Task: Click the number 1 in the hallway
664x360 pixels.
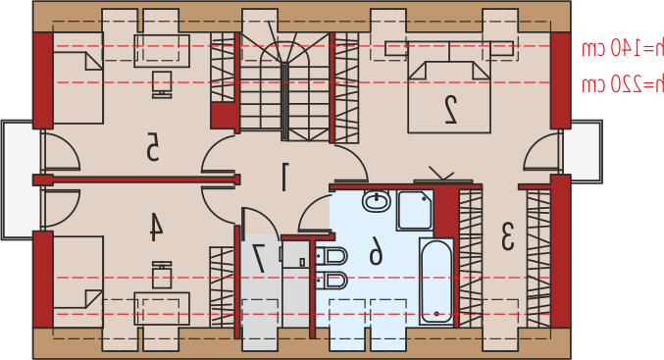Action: pyautogui.click(x=284, y=177)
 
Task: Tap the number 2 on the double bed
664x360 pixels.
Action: pyautogui.click(x=450, y=110)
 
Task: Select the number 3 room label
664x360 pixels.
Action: pyautogui.click(x=507, y=236)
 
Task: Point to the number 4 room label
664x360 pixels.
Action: pyautogui.click(x=155, y=227)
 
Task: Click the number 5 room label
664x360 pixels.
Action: pyautogui.click(x=152, y=146)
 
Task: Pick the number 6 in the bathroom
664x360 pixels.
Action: pyautogui.click(x=376, y=251)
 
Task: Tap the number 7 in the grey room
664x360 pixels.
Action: pyautogui.click(x=259, y=258)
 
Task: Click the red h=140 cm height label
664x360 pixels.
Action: pyautogui.click(x=622, y=49)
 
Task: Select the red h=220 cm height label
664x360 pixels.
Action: pyautogui.click(x=622, y=84)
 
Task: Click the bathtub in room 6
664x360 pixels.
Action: pyautogui.click(x=436, y=282)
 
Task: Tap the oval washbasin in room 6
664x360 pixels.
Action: pyautogui.click(x=376, y=201)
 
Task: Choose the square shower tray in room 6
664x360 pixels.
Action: pyautogui.click(x=415, y=210)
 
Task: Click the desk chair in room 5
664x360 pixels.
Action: pyautogui.click(x=162, y=84)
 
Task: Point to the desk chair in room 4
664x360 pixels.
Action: pyautogui.click(x=162, y=276)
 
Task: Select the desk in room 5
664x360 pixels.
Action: pyautogui.click(x=162, y=51)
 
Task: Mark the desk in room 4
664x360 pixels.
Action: pyautogui.click(x=162, y=308)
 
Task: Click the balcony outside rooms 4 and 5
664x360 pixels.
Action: pyautogui.click(x=17, y=180)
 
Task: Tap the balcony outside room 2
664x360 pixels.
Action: pyautogui.click(x=587, y=152)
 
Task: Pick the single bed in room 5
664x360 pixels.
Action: pyautogui.click(x=77, y=77)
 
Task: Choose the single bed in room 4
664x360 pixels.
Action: pyautogui.click(x=77, y=282)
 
